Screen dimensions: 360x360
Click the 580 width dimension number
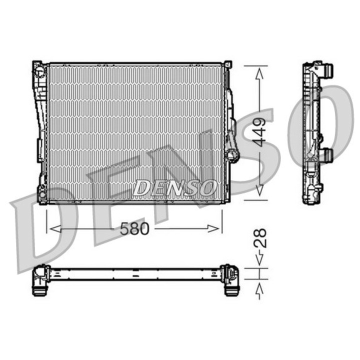pyautogui.click(x=134, y=229)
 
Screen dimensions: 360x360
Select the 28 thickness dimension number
pyautogui.click(x=260, y=239)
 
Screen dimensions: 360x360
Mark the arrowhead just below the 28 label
pyautogui.click(x=259, y=260)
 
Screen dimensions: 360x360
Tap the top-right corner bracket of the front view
pyautogui.click(x=228, y=64)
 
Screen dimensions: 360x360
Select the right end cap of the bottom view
pyautogui.click(x=230, y=280)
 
